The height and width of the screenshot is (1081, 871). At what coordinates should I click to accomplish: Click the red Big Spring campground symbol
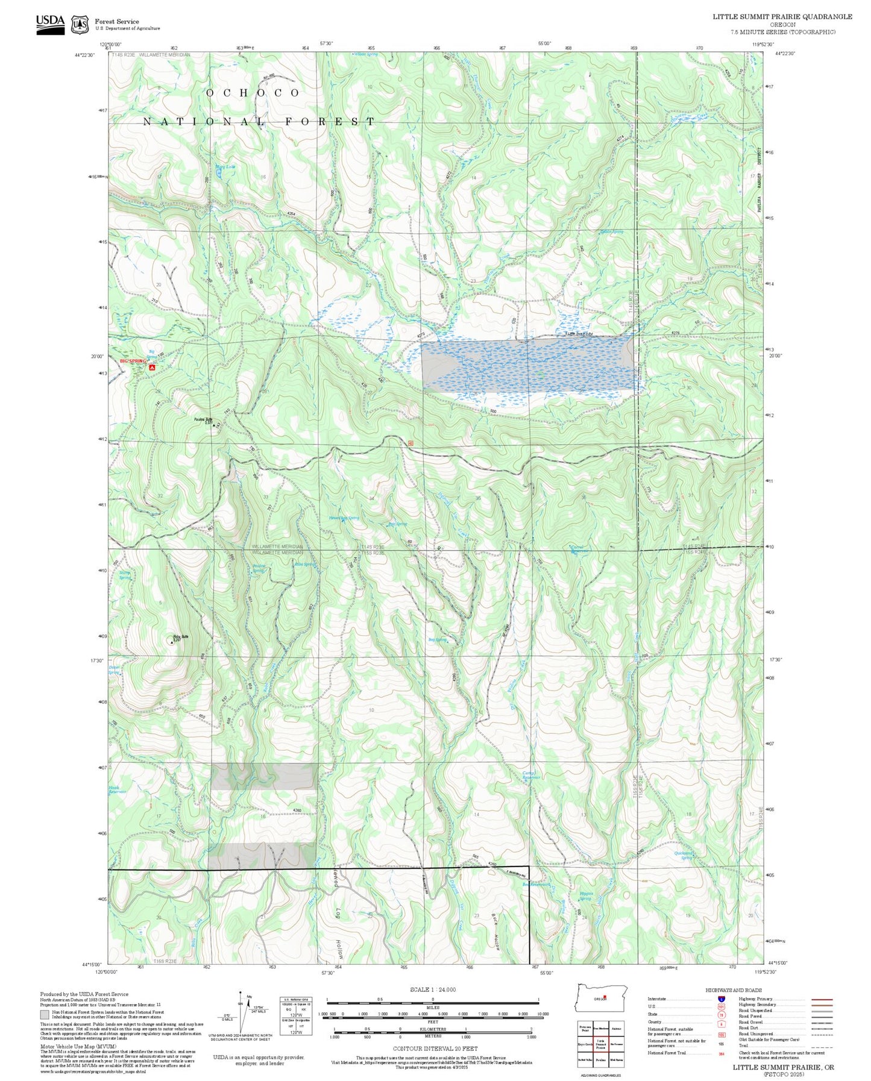[152, 366]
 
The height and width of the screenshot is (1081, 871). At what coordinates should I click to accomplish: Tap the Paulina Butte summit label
[203, 420]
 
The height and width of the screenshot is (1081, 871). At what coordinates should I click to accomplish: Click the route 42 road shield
[410, 443]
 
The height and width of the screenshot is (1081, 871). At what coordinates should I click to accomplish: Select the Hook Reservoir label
[118, 790]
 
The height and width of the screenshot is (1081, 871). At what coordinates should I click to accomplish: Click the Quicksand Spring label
[684, 855]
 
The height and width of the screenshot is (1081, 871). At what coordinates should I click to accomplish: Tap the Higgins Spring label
[586, 896]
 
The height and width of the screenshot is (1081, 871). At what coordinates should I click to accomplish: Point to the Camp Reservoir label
[531, 775]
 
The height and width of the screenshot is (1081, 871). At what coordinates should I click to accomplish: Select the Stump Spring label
[125, 575]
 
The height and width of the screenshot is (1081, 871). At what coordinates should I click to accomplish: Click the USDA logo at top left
[50, 24]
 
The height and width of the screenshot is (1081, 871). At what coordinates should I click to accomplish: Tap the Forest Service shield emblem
[80, 25]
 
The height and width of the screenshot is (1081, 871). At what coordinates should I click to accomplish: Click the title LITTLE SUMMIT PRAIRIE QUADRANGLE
[782, 17]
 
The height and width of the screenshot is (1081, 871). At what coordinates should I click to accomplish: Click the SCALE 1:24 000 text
[432, 989]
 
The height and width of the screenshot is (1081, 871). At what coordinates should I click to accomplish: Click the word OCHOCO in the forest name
[253, 93]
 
